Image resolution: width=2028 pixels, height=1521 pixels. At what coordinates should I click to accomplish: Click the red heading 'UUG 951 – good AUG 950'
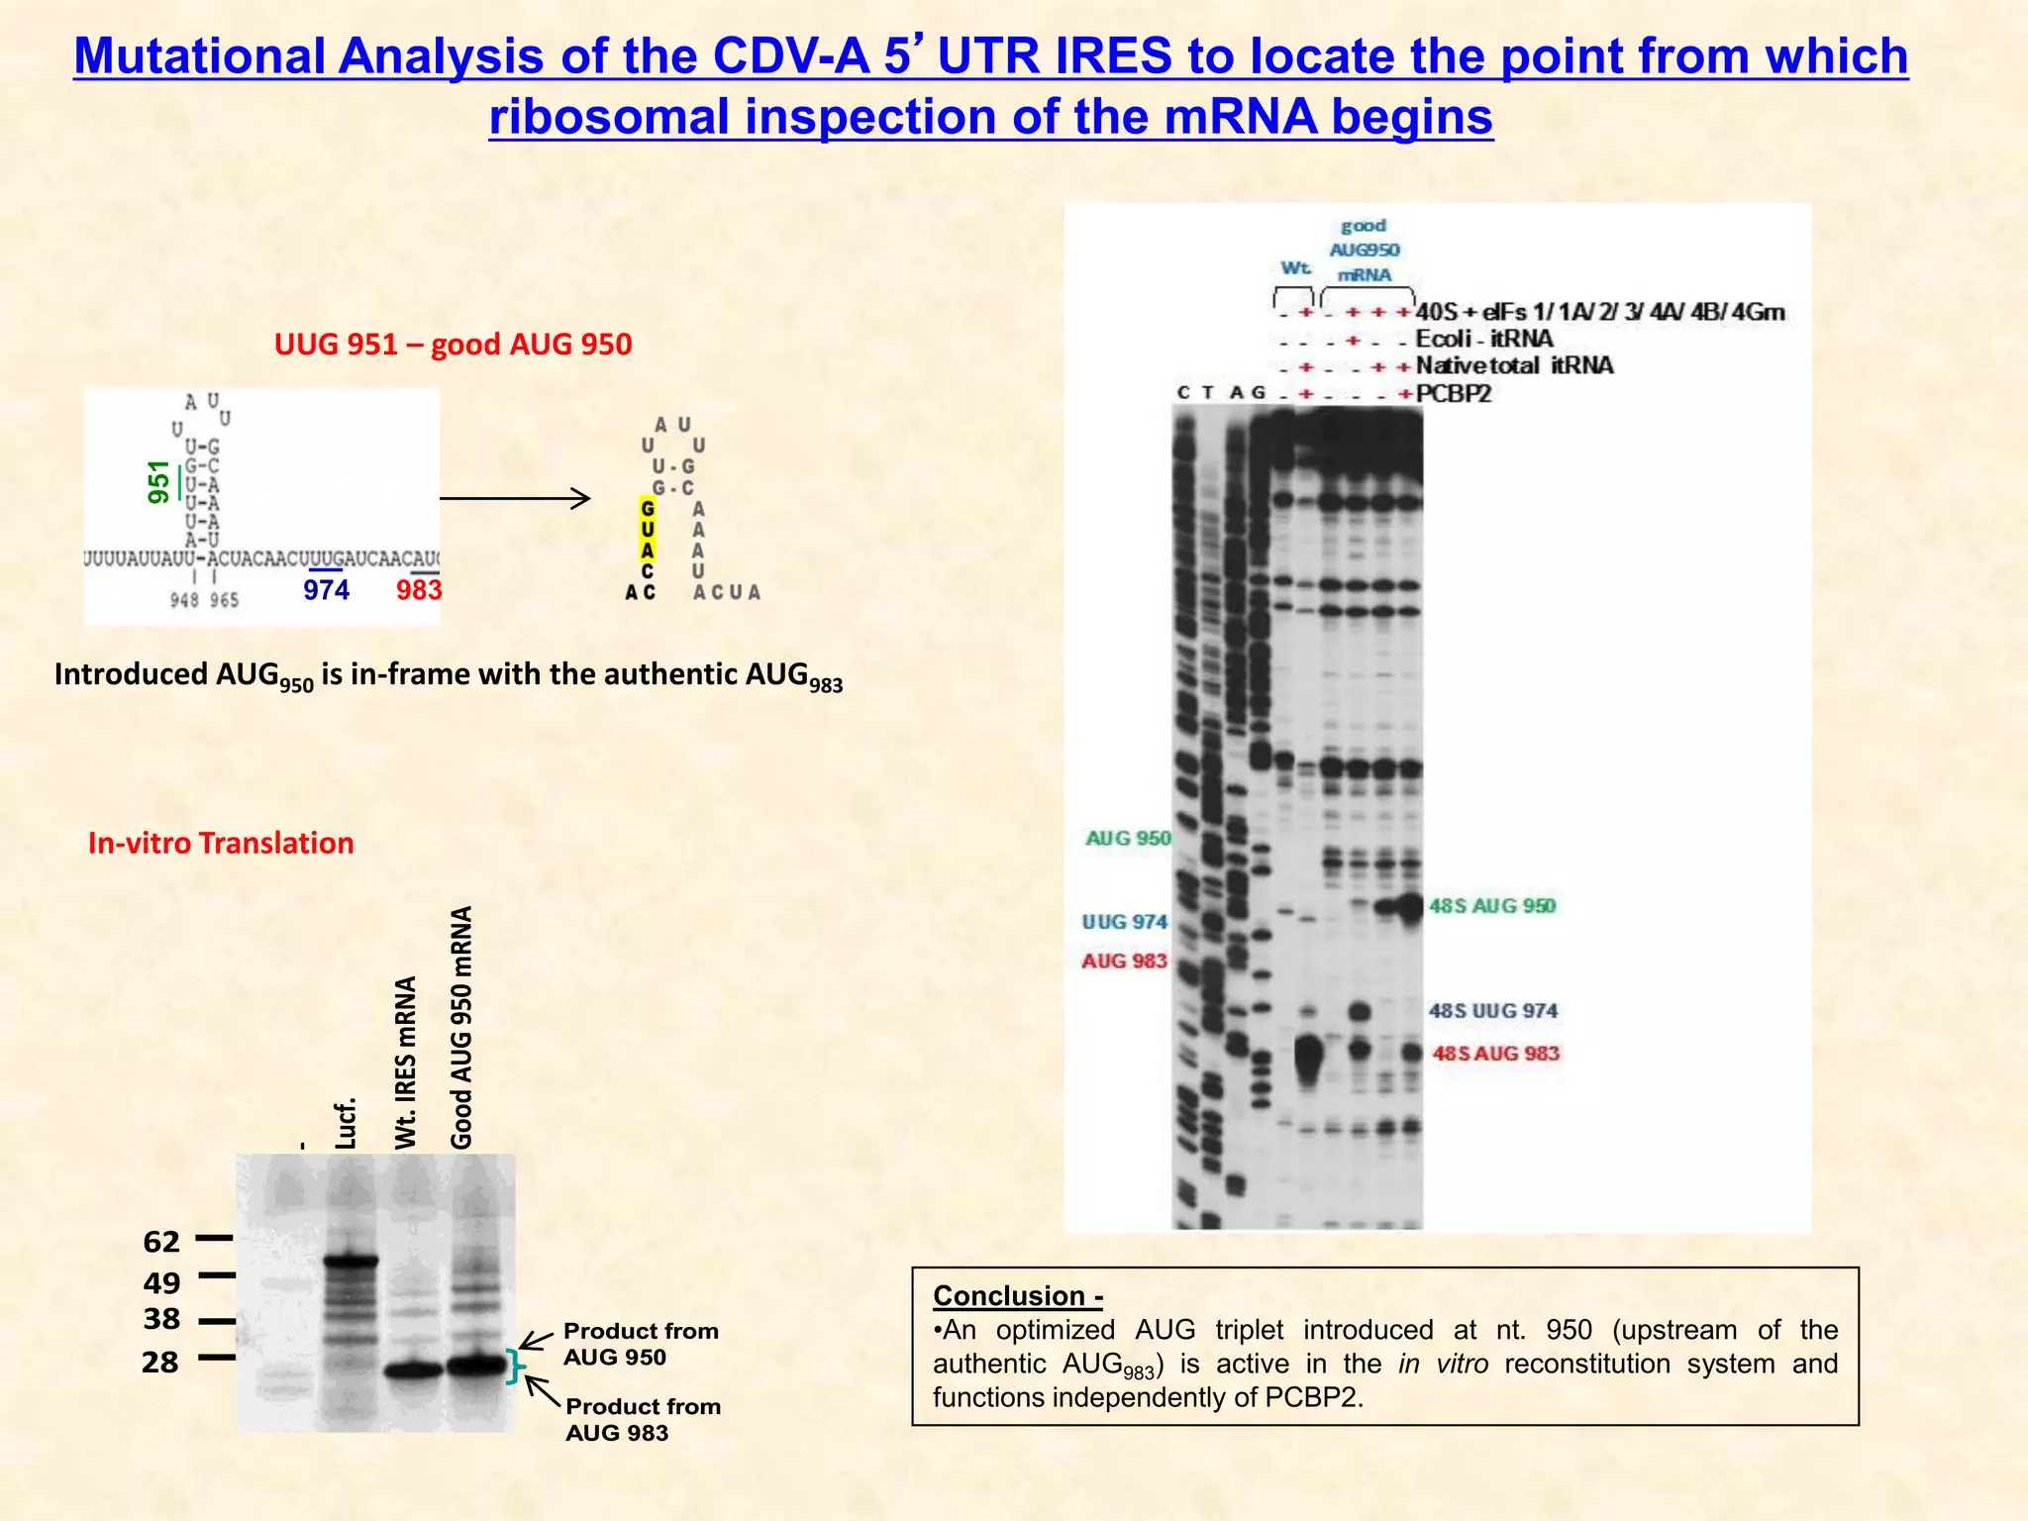point(453,345)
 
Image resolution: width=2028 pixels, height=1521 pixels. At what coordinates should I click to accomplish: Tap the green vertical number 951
point(158,482)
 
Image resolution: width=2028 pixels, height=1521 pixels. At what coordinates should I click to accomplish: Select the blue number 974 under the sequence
point(326,590)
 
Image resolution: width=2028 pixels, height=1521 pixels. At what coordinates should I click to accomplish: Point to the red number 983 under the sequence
point(419,590)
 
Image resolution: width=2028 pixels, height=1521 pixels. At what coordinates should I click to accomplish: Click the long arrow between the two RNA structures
point(515,498)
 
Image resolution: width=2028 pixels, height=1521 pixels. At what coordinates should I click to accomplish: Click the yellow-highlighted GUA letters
point(647,530)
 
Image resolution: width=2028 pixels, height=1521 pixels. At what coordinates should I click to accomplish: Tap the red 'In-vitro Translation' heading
point(221,843)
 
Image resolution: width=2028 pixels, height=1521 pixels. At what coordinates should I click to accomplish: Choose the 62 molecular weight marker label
point(161,1242)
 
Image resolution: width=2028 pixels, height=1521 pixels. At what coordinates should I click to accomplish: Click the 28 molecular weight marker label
point(160,1363)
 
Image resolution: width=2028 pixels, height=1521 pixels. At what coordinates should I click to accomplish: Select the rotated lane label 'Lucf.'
point(344,1123)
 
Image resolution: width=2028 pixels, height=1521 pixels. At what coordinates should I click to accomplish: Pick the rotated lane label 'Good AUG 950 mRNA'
point(461,1027)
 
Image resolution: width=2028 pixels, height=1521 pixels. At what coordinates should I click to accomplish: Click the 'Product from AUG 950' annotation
point(640,1344)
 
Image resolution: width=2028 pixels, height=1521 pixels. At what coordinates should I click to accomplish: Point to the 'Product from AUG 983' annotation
point(643,1419)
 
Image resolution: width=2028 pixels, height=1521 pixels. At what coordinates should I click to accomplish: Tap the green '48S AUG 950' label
point(1491,906)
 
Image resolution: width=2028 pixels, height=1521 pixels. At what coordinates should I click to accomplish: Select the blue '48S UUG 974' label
point(1492,1011)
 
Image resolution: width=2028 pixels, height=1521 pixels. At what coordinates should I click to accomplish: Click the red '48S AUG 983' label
point(1495,1054)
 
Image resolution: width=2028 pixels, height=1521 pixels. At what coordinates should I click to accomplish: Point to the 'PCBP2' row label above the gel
point(1453,394)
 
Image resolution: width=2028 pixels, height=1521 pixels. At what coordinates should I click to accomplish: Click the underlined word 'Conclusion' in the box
point(1009,1296)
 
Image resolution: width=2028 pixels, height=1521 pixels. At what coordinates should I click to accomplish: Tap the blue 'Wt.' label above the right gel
point(1295,268)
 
